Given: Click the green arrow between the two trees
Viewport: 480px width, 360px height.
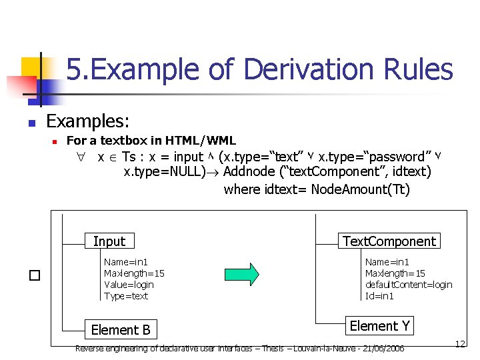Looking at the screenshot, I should point(239,274).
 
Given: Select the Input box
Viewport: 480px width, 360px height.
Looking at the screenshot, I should point(109,241).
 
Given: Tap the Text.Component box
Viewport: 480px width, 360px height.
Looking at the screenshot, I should point(389,241).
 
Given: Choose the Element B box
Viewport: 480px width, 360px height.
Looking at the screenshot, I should point(121,329).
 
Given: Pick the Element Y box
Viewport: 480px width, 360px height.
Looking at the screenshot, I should point(379,326).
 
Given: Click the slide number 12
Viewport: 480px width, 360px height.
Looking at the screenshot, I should point(459,344).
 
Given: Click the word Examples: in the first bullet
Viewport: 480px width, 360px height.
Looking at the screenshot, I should point(88,121).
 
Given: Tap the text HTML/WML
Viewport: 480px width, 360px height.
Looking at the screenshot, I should point(203,141).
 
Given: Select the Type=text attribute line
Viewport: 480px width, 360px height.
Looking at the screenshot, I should point(126,296).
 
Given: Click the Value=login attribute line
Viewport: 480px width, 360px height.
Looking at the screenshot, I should point(129,285).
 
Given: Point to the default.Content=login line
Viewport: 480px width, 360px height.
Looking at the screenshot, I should point(409,285).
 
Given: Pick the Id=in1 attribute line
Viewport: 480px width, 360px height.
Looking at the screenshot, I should point(379,296).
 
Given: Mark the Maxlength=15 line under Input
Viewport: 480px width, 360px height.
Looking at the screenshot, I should point(134,273).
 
